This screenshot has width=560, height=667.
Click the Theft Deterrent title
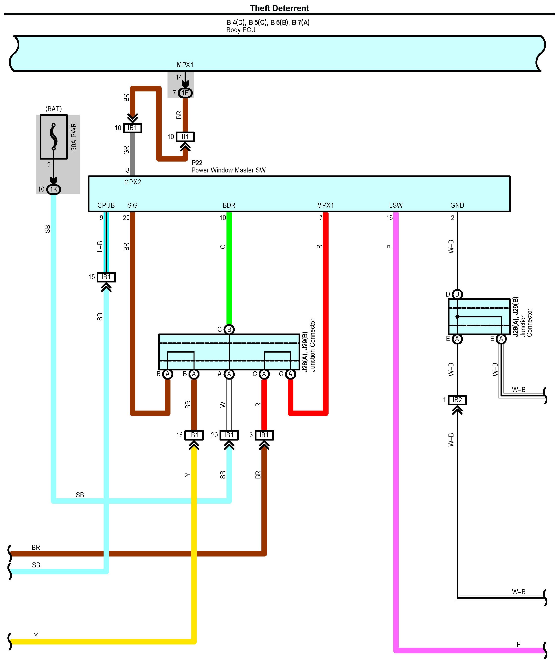(x=279, y=8)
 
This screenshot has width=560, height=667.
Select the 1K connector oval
(x=54, y=189)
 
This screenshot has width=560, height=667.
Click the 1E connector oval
(x=185, y=93)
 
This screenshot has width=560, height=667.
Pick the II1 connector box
(x=185, y=137)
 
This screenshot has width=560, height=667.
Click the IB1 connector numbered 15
(x=106, y=277)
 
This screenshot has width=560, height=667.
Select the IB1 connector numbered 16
(x=194, y=435)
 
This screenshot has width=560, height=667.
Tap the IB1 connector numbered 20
(x=229, y=435)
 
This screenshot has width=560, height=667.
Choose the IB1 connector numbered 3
(x=264, y=435)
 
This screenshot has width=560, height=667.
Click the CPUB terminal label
(x=106, y=205)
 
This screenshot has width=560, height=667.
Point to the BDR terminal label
(x=229, y=205)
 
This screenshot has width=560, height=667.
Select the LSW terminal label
(x=396, y=205)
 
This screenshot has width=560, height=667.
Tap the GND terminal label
(x=457, y=205)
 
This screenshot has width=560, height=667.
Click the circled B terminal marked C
(x=229, y=329)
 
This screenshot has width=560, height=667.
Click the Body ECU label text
(x=241, y=30)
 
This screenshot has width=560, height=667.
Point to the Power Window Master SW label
(x=228, y=170)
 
